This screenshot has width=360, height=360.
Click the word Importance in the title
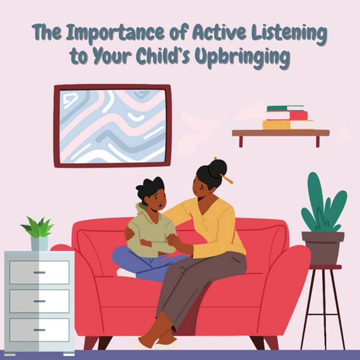pyautogui.click(x=115, y=33)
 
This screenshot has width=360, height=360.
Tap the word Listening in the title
pyautogui.click(x=289, y=34)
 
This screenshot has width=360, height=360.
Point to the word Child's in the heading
pyautogui.click(x=163, y=56)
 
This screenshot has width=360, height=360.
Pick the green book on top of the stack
pyautogui.click(x=285, y=108)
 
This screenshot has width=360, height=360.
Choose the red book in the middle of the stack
pyautogui.click(x=287, y=115)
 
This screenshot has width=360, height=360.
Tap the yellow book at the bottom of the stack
pyautogui.click(x=288, y=124)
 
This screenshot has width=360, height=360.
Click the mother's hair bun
pyautogui.click(x=218, y=169)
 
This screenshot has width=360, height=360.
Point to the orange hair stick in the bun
pyautogui.click(x=226, y=179)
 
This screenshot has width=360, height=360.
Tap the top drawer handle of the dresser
pyautogui.click(x=39, y=273)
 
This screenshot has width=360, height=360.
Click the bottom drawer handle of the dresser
pyautogui.click(x=39, y=330)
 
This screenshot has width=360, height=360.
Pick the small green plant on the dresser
pyautogui.click(x=38, y=227)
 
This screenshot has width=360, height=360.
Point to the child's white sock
pyautogui.click(x=126, y=273)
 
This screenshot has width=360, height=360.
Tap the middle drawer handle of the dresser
pyautogui.click(x=39, y=301)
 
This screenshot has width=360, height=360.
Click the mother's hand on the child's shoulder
pyautogui.click(x=129, y=234)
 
